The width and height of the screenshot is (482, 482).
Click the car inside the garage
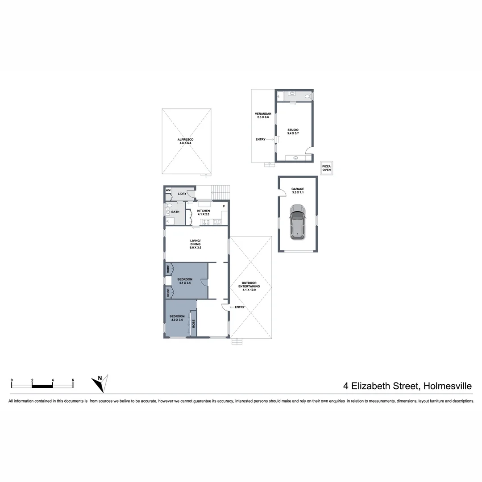(298, 222)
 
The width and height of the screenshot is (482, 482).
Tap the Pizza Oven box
(327, 168)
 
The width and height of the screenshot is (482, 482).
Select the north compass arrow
(99, 383)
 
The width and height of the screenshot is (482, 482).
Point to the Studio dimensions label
(293, 132)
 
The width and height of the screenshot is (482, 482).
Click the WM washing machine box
(168, 191)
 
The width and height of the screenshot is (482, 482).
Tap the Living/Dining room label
(195, 244)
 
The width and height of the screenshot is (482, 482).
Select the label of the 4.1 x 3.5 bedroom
(185, 281)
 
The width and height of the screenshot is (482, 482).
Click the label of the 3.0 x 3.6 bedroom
(177, 318)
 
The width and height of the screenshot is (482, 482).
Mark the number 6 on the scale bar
(73, 380)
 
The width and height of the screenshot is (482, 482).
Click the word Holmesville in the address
(447, 386)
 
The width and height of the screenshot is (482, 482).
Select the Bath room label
(175, 212)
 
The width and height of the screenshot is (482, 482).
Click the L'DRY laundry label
(182, 194)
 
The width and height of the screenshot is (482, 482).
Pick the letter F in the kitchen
(224, 207)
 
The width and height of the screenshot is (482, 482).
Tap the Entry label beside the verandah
(260, 139)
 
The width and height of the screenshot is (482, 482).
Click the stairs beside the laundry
(221, 193)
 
